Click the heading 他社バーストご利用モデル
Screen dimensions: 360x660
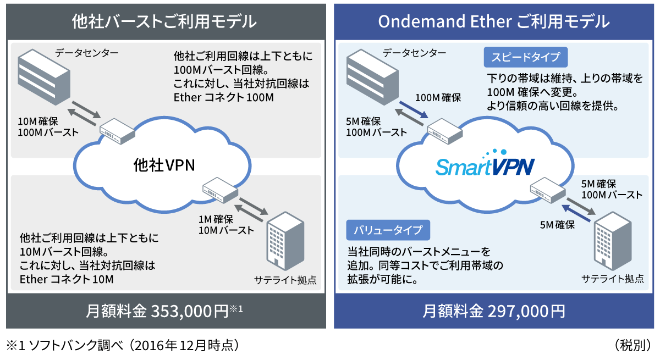(x=164, y=21)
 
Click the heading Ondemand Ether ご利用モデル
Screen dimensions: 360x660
(x=494, y=21)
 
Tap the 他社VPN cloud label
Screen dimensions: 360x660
(x=164, y=164)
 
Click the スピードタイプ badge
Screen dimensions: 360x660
(x=525, y=57)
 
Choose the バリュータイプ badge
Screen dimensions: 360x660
(x=388, y=230)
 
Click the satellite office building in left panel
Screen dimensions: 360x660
(x=285, y=241)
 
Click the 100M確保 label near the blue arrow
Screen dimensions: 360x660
(x=438, y=98)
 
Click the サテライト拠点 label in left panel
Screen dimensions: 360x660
(x=285, y=279)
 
